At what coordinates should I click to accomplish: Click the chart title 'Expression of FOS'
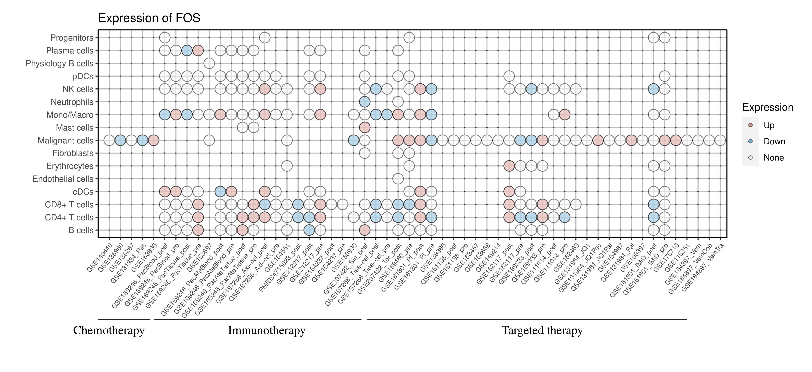[149, 18]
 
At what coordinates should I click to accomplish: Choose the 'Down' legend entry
[774, 141]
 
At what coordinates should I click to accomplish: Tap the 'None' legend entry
[773, 158]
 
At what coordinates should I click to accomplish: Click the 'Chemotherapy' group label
[109, 331]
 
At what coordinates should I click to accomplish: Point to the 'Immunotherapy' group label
[266, 331]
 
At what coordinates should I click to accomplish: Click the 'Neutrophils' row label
[72, 102]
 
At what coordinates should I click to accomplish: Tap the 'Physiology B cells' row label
[59, 63]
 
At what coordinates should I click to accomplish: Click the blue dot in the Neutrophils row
[364, 102]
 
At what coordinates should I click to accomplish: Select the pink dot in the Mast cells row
[364, 128]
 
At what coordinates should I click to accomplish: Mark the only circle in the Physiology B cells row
[209, 63]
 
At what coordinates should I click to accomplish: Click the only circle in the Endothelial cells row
[398, 179]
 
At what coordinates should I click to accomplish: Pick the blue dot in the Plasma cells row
[187, 51]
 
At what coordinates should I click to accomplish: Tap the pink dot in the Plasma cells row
[198, 51]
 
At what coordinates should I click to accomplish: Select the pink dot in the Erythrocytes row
[509, 166]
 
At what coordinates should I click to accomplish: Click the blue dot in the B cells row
[309, 230]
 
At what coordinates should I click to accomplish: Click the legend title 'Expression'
[768, 107]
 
